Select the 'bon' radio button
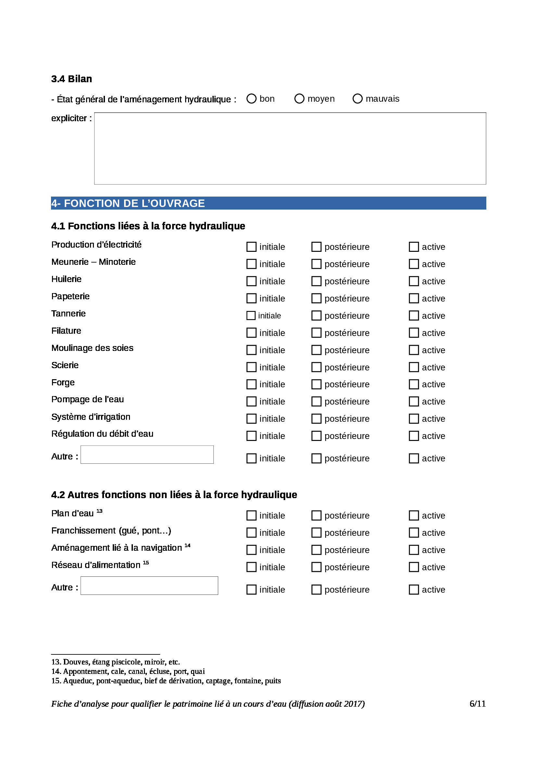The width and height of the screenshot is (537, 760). tap(251, 99)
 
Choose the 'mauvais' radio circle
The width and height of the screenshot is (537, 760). tap(357, 99)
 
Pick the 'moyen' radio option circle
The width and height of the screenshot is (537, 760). tap(299, 99)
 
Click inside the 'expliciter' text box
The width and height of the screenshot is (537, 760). tap(290, 148)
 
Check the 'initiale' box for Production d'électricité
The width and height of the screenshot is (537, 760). tap(251, 247)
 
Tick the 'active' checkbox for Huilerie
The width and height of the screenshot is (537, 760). tap(414, 281)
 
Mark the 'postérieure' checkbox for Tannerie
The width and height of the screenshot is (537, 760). tap(316, 316)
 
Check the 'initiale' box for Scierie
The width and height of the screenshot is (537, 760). tap(251, 367)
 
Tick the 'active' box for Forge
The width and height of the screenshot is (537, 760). tap(414, 384)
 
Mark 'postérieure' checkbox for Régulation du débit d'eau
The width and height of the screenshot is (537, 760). tap(316, 436)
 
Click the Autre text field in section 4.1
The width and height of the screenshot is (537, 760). tap(147, 455)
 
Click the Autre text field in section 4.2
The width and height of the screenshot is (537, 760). tap(149, 586)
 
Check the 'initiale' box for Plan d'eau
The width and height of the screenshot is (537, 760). tap(251, 516)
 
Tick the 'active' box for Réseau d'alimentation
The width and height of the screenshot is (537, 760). tap(414, 567)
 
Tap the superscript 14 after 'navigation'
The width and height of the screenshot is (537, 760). tap(187, 546)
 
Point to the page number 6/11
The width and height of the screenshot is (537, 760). tap(478, 704)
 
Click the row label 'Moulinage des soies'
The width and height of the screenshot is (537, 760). tap(92, 348)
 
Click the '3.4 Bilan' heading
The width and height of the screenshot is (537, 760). tap(71, 79)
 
